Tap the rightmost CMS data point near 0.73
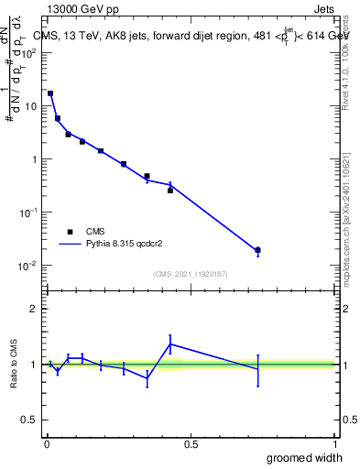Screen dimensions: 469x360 [x=257, y=250]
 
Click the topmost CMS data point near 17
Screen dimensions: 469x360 [x=50, y=93]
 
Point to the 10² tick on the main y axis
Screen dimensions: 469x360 [x=29, y=53]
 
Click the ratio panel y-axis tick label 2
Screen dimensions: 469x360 [x=34, y=310]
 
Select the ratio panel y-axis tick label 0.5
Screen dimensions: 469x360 [x=29, y=421]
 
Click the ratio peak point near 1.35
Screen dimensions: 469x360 [x=170, y=344]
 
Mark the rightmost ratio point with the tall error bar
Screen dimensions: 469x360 [x=257, y=369]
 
